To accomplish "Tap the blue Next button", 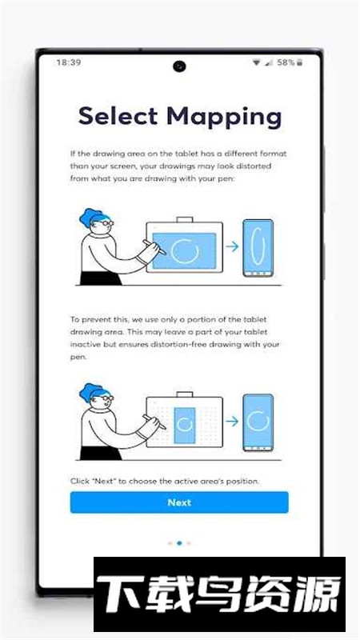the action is click(179, 502).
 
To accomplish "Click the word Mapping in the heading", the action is click(224, 117).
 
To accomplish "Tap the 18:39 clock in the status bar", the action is click(69, 62).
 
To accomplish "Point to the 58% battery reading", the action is click(286, 62).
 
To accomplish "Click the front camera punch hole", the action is click(179, 66).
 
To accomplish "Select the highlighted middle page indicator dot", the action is click(179, 543).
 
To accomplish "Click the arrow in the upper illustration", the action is click(232, 246).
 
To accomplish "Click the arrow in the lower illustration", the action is click(232, 422).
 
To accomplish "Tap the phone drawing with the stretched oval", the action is click(258, 248).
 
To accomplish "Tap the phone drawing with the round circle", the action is click(258, 422).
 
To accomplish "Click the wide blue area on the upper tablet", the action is click(184, 250).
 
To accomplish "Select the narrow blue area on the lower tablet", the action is click(184, 425).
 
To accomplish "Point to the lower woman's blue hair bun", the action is click(87, 392).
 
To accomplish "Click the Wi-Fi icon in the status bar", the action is click(256, 62).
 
